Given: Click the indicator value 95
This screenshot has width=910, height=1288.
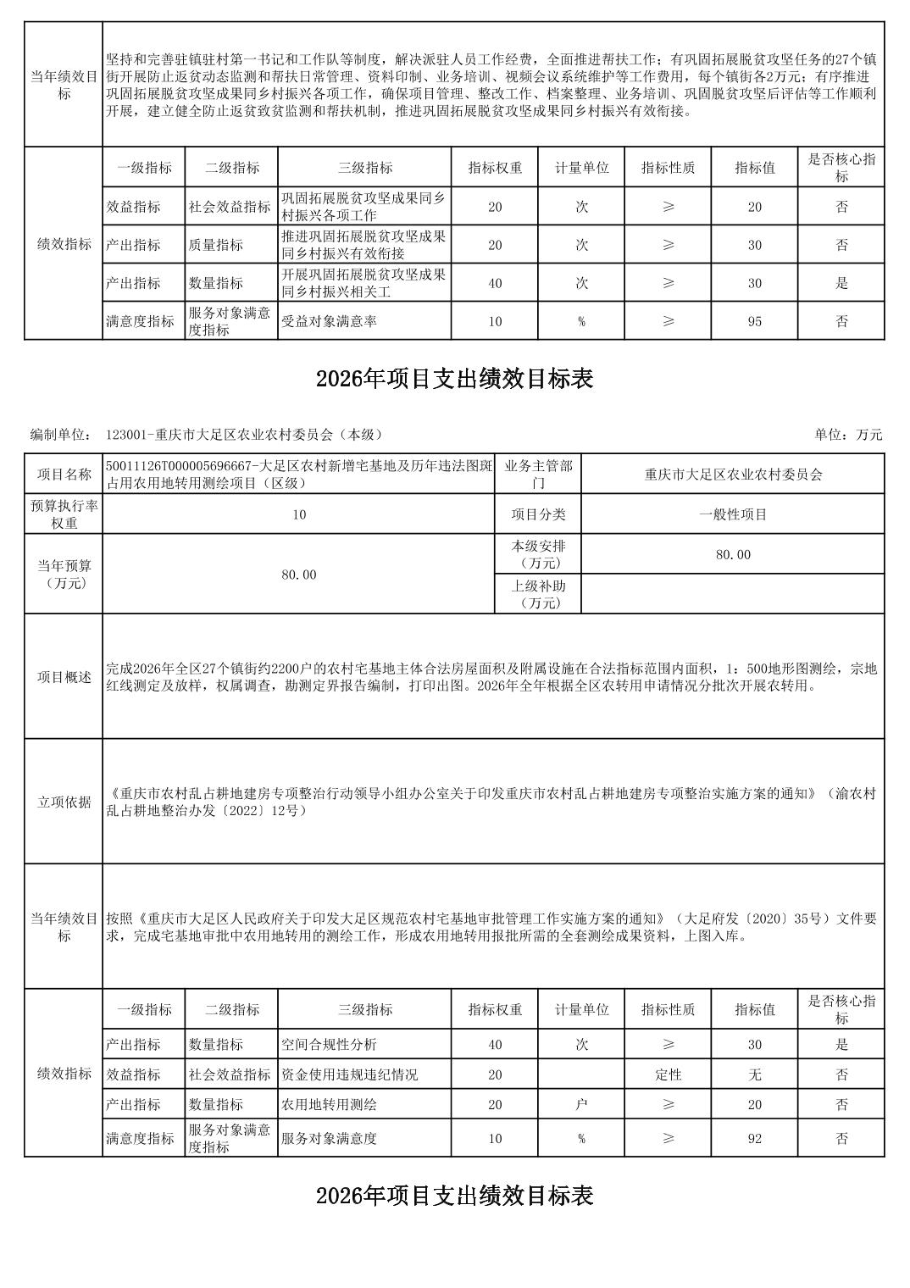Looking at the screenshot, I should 754,321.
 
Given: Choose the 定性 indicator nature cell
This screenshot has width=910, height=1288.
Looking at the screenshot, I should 668,1074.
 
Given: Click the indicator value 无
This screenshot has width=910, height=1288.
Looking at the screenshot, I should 754,1074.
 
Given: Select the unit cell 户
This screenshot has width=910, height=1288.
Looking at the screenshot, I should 581,1104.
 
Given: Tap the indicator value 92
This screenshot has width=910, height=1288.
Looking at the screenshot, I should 754,1139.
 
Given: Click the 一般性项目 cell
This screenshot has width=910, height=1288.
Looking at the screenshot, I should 733,514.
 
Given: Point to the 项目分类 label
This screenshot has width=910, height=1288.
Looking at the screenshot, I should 538,514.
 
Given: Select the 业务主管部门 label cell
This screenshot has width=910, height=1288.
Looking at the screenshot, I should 538,475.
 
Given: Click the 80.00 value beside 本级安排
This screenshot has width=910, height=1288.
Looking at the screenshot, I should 733,554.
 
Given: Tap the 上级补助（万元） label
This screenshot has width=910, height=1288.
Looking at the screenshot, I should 538,594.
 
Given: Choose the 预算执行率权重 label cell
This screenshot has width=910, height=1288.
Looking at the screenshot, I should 64,514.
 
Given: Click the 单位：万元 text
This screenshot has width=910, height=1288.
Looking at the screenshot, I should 848,435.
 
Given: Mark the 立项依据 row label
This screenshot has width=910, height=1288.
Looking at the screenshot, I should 64,802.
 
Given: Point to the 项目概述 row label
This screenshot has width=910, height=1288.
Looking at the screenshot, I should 64,677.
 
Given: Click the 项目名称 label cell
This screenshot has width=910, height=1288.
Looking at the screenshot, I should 64,475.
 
